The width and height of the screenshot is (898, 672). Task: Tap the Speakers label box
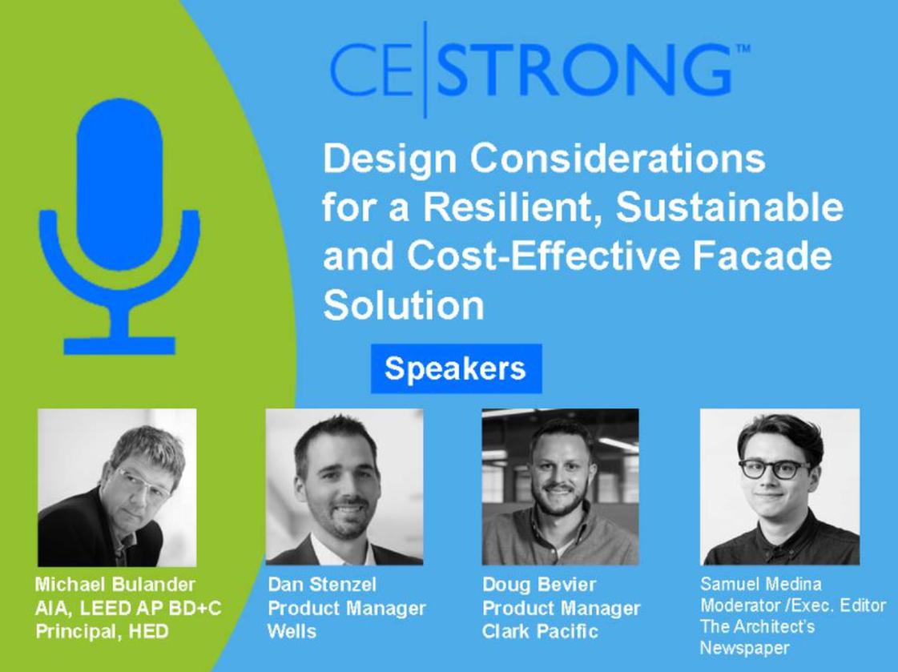point(456,368)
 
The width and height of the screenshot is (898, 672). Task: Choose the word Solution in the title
point(404,304)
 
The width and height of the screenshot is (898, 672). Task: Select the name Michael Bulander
point(115,585)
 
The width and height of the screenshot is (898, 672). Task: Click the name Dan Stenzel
point(322,585)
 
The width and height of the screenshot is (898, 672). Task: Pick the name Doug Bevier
point(539,585)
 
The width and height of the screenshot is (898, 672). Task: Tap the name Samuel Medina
point(760,584)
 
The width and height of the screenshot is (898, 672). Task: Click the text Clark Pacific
point(540,631)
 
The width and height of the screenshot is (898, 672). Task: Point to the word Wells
point(292,631)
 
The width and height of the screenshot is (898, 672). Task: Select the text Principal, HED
point(102,631)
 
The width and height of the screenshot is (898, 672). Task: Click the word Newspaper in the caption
point(744,648)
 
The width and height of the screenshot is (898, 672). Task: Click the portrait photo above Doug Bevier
point(560,486)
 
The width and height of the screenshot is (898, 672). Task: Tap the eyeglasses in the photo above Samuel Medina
point(775,469)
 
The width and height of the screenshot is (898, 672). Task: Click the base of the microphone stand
point(119,346)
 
